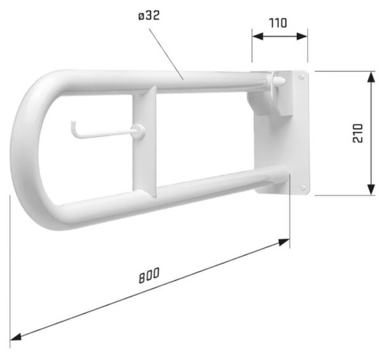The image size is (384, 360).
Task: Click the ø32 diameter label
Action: (149, 16)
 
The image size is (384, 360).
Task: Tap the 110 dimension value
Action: (278, 23)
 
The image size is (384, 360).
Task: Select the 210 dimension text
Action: (358, 133)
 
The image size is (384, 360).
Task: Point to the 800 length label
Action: (149, 276)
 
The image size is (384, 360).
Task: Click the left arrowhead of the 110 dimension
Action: (257, 36)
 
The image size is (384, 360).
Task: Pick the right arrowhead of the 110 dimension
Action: (302, 36)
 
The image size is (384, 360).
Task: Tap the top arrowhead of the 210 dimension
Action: (371, 77)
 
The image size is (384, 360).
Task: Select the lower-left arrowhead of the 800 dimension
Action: (15, 337)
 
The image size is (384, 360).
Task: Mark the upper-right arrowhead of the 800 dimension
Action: (284, 242)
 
